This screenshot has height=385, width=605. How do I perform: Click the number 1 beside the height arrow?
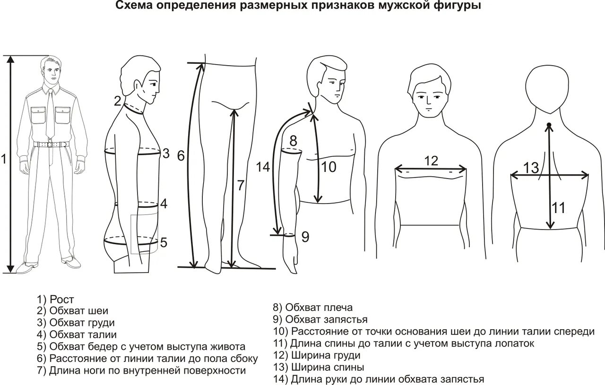4,160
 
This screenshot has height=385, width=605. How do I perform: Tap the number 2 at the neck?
118,100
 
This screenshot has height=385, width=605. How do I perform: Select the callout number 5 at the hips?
164,242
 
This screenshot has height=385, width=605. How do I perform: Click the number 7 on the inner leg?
241,186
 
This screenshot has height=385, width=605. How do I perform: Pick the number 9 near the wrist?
305,236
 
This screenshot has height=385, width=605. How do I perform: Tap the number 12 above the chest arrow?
431,161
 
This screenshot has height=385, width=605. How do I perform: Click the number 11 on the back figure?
559,208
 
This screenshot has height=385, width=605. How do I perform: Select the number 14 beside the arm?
262,166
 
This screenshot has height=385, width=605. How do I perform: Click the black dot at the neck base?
549,126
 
